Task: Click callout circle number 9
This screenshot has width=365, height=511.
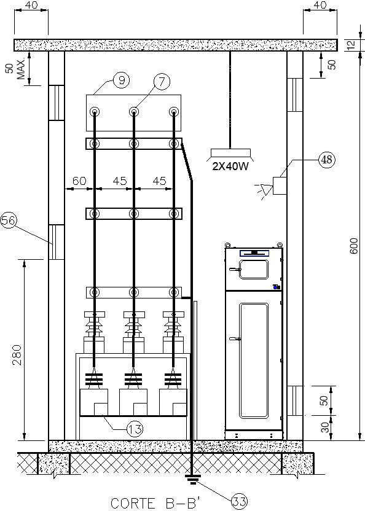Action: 121,80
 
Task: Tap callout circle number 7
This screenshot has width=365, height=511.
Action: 162,82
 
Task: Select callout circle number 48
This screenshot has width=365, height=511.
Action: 327,159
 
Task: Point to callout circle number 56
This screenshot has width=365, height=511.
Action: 9,220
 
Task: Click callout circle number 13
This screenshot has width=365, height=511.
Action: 135,429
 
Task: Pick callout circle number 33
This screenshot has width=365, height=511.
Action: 240,502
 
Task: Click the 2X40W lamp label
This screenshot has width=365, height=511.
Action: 230,166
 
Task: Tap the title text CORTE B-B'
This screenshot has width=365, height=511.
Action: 155,503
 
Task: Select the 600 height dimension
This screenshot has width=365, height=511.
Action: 354,246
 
